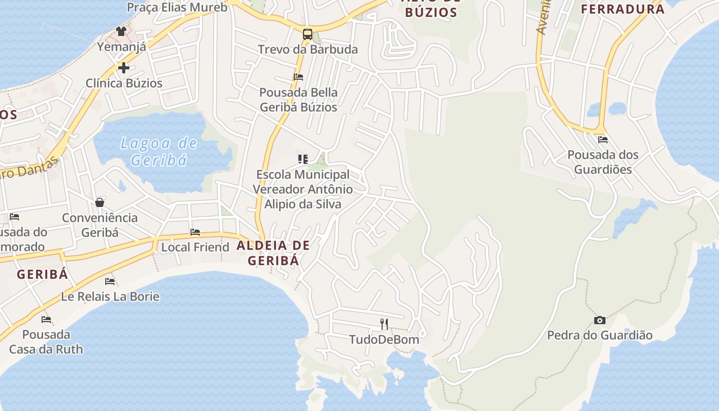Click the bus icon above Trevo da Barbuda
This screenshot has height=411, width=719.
pos(307,34)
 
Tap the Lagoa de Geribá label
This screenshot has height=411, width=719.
pos(158,152)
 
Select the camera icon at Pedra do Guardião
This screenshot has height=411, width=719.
pos(599,320)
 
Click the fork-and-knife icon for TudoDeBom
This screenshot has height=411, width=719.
pos(384,324)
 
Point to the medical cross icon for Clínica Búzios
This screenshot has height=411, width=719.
pos(123,67)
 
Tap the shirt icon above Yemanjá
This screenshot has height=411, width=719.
pos(121,31)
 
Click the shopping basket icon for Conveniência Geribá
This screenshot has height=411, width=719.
pos(100,202)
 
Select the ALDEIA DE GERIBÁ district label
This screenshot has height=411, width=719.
pos(273,253)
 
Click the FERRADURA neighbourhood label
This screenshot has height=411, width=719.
pos(622,9)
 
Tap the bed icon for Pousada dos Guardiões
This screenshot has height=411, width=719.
pos(602,139)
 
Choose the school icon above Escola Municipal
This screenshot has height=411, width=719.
pos(303,159)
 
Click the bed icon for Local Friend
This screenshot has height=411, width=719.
pos(195,232)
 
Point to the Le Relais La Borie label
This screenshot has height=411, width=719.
pos(110,296)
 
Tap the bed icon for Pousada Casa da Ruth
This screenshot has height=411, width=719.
pos(46,319)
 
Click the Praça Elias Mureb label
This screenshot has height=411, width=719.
pos(177,7)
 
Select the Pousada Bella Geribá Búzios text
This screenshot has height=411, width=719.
pos(298,100)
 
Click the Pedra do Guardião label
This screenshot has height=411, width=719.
pos(599,335)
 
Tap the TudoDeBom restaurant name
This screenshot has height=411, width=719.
pos(384,339)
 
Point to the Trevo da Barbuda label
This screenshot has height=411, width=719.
pos(308,49)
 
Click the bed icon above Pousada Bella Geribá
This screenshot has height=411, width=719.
pos(298,77)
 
